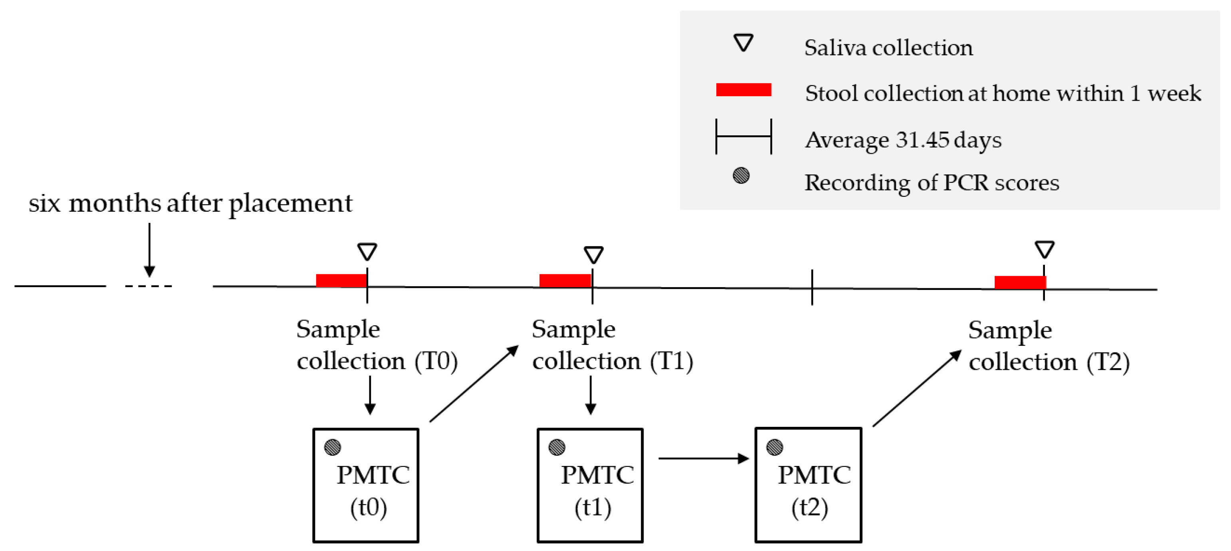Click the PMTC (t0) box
click(x=366, y=485)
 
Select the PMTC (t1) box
click(x=590, y=485)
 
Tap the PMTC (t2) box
click(x=808, y=485)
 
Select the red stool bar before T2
click(x=1020, y=282)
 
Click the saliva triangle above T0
click(x=367, y=251)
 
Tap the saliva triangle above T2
click(x=1044, y=249)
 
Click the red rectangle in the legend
click(x=743, y=89)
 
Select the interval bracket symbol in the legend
click(x=743, y=137)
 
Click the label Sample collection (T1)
click(x=612, y=345)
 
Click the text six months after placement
click(x=190, y=203)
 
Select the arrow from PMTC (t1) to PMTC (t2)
click(x=702, y=458)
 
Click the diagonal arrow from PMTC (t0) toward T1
click(x=473, y=384)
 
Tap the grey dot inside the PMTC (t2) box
click(x=774, y=447)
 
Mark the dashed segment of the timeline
click(x=148, y=286)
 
